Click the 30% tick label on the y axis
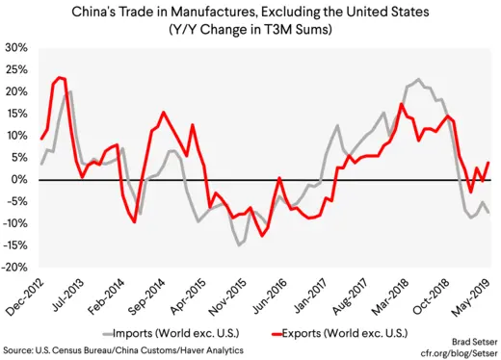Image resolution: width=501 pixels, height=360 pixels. [x=16, y=47]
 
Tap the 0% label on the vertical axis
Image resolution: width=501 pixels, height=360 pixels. [x=20, y=180]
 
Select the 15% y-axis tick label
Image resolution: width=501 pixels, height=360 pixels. [x=16, y=114]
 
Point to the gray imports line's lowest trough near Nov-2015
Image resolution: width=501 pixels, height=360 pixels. [x=240, y=245]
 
